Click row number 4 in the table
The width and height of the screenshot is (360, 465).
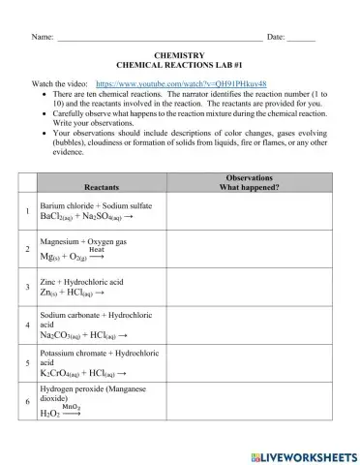pyautogui.click(x=25, y=326)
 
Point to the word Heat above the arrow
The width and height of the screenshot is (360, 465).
pyautogui.click(x=97, y=249)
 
